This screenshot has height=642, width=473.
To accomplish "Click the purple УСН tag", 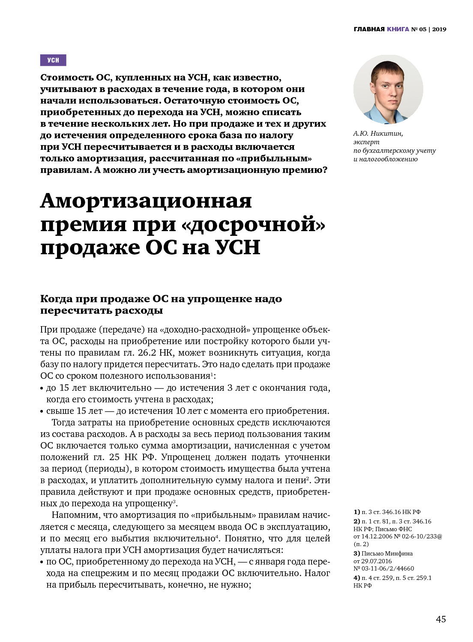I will [x=53, y=60].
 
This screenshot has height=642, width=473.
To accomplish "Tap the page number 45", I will [x=440, y=619].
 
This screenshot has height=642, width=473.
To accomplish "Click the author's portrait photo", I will [x=388, y=89].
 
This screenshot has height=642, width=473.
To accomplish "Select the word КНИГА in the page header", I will [x=398, y=29].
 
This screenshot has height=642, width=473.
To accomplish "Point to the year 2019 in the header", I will [x=439, y=29].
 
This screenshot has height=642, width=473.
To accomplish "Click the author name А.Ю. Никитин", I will [x=378, y=134].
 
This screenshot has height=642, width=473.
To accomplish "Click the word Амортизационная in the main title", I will [x=146, y=201].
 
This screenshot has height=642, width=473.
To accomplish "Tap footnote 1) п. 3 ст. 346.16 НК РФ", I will [x=387, y=512].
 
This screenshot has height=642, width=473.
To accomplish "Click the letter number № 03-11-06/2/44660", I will [x=383, y=568].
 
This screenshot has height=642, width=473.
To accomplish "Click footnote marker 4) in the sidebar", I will [x=356, y=578].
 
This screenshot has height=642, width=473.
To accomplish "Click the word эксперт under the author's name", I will [x=366, y=142].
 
